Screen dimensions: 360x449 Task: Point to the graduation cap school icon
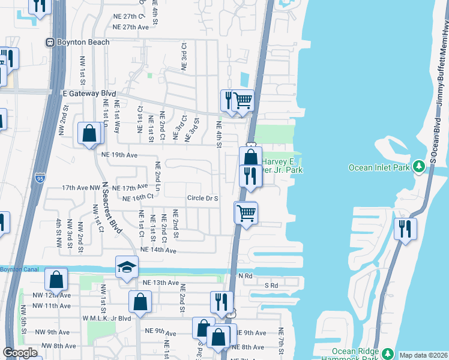coord(127,267)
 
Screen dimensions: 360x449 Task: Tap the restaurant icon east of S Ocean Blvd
coord(406,229)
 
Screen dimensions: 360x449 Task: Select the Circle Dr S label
coord(202,197)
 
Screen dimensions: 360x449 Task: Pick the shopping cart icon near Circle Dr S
coord(246,212)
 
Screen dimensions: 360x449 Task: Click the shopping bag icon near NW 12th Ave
coord(56,280)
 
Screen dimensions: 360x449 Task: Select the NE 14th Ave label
coord(158,250)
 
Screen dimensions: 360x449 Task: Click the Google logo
coord(20,353)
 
